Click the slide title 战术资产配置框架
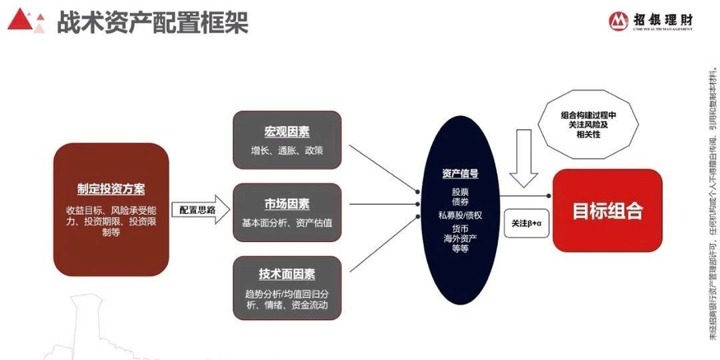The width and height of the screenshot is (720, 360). pyautogui.click(x=152, y=22)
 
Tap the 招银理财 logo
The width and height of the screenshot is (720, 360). pyautogui.click(x=651, y=21)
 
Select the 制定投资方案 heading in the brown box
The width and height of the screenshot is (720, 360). pyautogui.click(x=111, y=189)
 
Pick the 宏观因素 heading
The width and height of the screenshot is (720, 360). pyautogui.click(x=287, y=131)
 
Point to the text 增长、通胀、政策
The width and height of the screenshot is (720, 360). pyautogui.click(x=287, y=151)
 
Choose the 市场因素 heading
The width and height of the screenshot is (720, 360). pyautogui.click(x=287, y=204)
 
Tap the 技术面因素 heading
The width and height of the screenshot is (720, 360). pyautogui.click(x=287, y=275)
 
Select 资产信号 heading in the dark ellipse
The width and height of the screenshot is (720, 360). pyautogui.click(x=460, y=174)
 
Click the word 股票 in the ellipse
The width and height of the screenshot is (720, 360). pyautogui.click(x=460, y=191)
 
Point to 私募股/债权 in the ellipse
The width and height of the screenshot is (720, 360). pyautogui.click(x=460, y=215)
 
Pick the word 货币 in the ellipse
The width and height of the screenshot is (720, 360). pyautogui.click(x=460, y=229)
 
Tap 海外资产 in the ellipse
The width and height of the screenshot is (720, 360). pyautogui.click(x=460, y=239)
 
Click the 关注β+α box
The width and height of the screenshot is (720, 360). pyautogui.click(x=526, y=223)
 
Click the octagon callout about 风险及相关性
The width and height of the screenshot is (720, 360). pyautogui.click(x=589, y=124)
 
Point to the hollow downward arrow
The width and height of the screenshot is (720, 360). pyautogui.click(x=523, y=160)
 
